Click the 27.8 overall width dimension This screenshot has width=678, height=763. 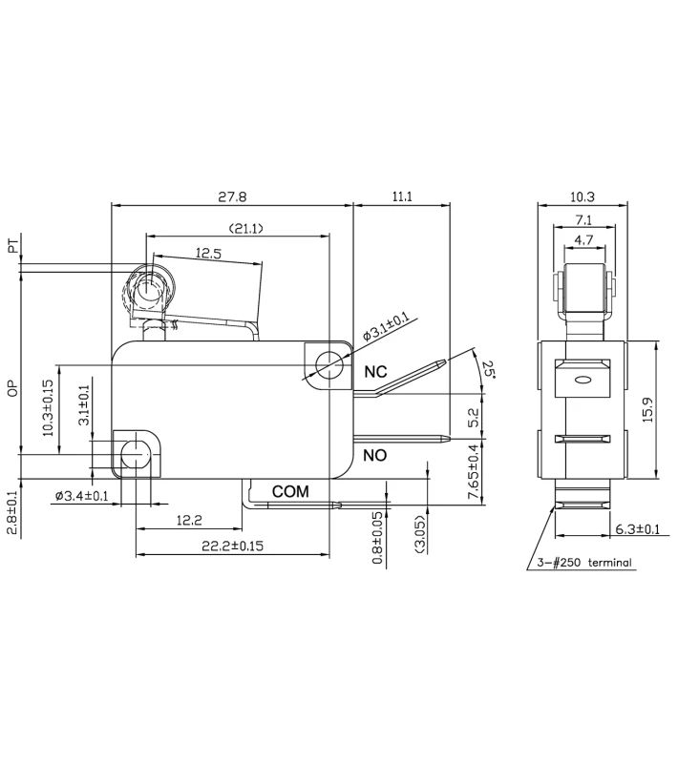coord(232,196)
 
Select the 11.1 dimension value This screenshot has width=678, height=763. coord(402,196)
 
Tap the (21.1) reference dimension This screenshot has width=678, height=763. coord(245,228)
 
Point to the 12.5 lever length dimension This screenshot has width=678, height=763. coord(210,254)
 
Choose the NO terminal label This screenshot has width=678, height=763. coord(375,456)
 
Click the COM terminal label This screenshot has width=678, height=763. coord(290,491)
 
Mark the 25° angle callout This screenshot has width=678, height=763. coord(489,368)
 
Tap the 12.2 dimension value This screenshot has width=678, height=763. coord(190,520)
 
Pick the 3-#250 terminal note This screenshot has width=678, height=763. coord(585,563)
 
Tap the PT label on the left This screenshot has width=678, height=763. coord(12,248)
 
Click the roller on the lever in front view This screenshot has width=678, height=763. coord(147,290)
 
